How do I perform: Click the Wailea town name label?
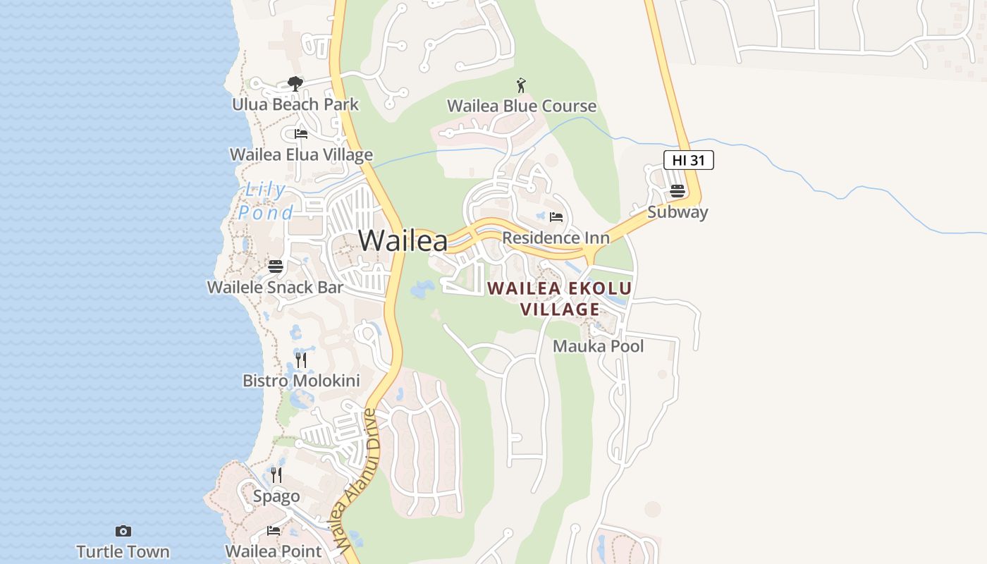[x=403, y=240]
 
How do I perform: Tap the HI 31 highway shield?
[x=689, y=160]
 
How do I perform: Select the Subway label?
[x=678, y=212]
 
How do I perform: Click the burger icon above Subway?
[x=678, y=190]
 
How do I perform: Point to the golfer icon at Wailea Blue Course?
[x=521, y=85]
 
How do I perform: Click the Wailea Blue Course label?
[x=522, y=106]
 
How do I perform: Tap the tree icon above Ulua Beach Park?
[x=295, y=85]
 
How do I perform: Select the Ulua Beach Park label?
[x=295, y=104]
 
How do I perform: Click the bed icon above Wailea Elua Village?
[x=301, y=133]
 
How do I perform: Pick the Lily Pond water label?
[x=266, y=201]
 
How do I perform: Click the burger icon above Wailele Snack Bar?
[x=275, y=266]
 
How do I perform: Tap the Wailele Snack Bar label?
[x=275, y=287]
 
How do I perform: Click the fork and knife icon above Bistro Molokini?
[x=301, y=360]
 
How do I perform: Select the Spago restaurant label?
[x=276, y=496]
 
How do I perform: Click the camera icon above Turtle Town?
[x=123, y=531]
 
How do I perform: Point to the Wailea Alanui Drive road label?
[x=357, y=479]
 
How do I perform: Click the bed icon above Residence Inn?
[x=556, y=216]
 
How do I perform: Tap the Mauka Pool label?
[x=598, y=346]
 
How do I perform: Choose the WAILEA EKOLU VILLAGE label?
[x=560, y=298]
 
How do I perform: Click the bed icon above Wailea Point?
[x=274, y=531]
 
